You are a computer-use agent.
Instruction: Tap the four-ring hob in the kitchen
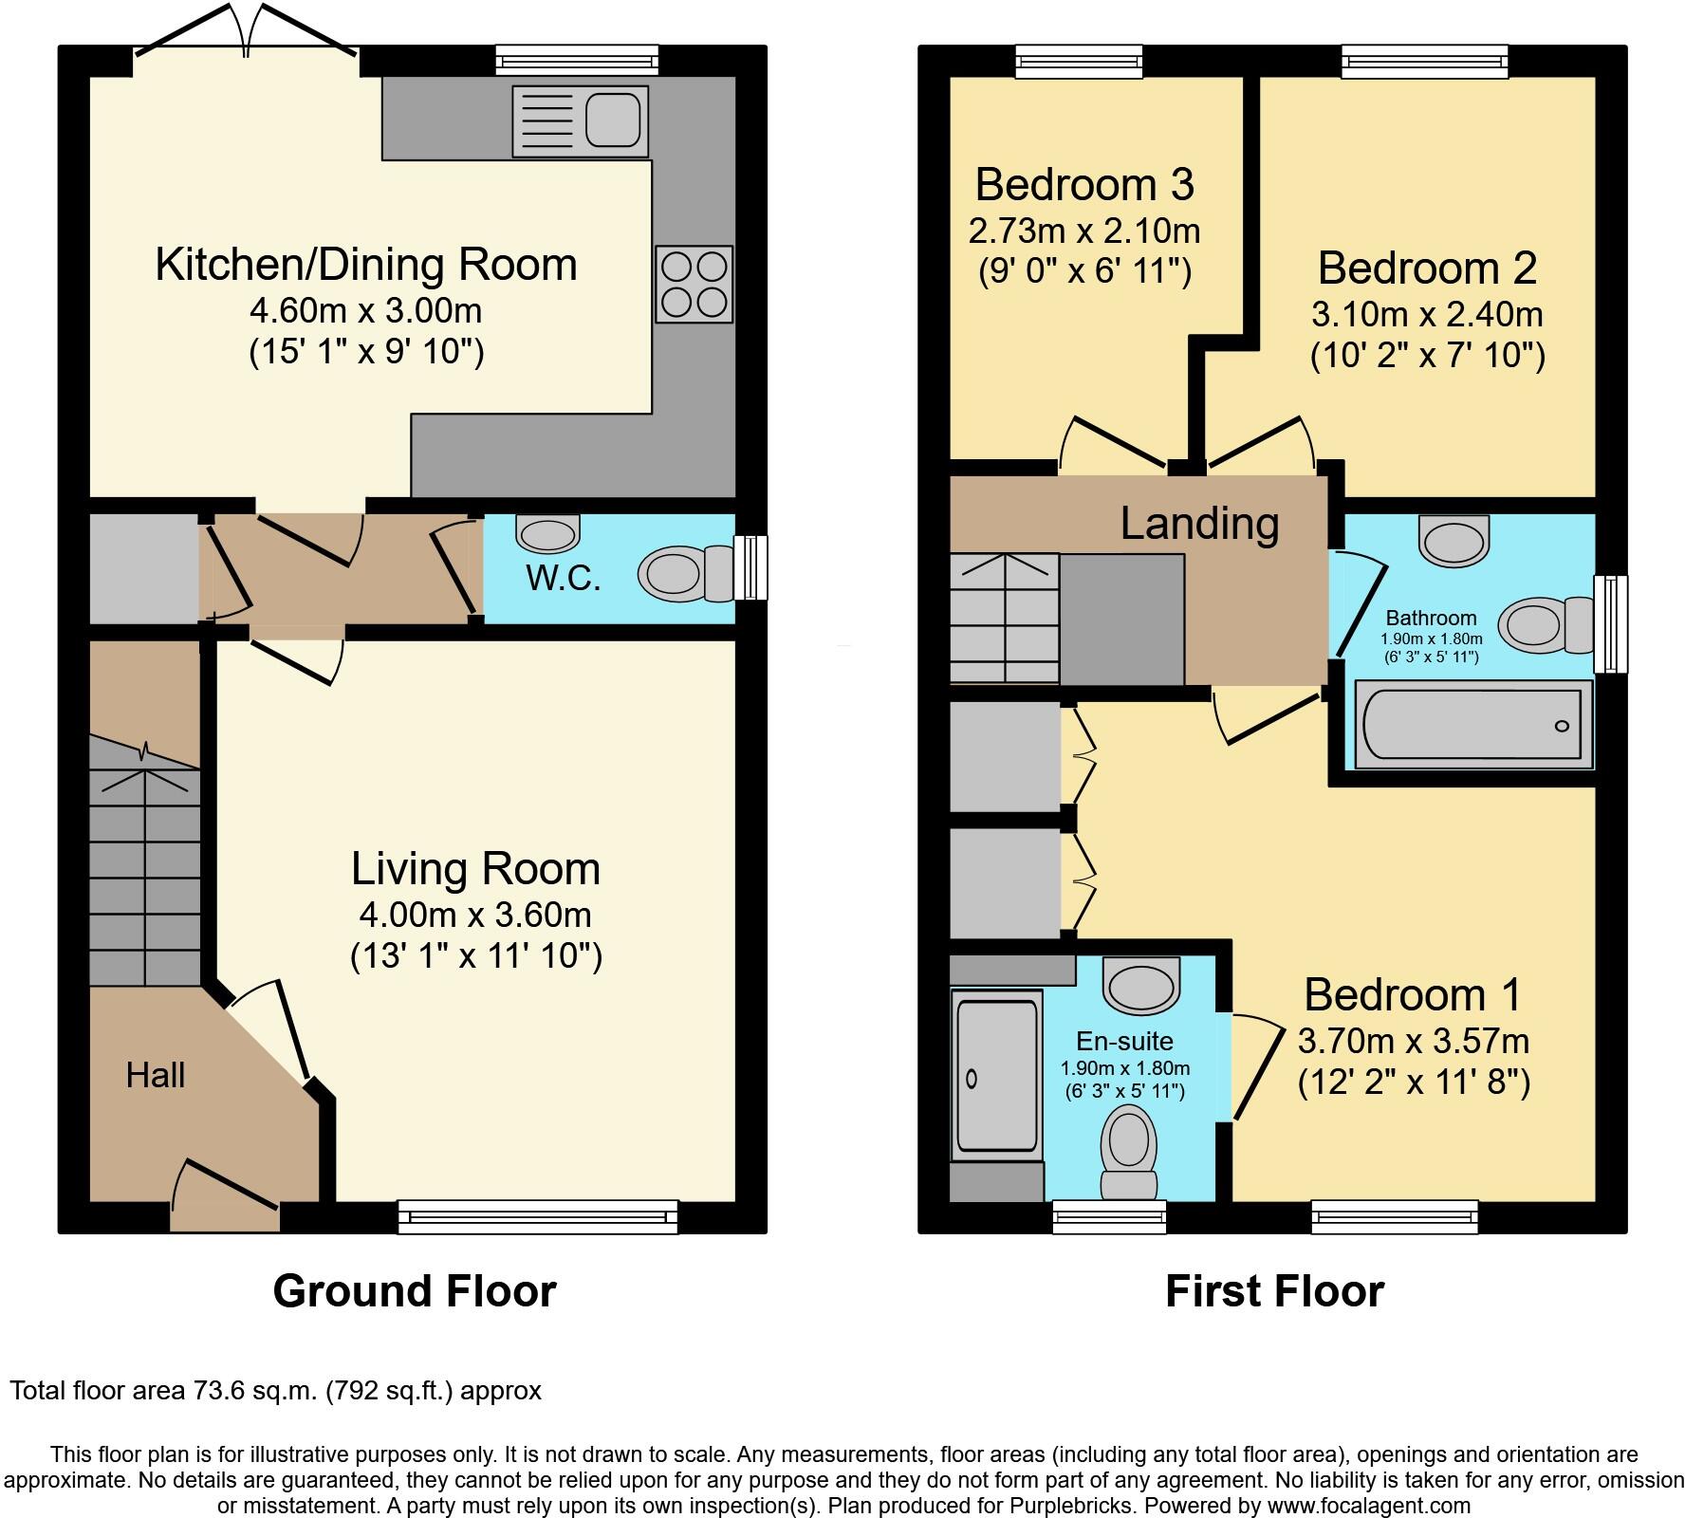(x=694, y=285)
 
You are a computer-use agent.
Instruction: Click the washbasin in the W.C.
(x=548, y=533)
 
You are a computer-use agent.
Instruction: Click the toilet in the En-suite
(x=1128, y=1152)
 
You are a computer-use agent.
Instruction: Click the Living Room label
(x=475, y=869)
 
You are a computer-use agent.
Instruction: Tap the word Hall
(x=156, y=1075)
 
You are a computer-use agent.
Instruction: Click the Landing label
(x=1199, y=524)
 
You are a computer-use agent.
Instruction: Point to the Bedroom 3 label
(x=1083, y=184)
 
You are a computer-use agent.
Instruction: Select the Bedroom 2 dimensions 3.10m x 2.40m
(x=1427, y=314)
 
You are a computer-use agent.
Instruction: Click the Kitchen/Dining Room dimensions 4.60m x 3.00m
(x=365, y=310)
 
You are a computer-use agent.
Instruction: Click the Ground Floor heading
(x=415, y=1291)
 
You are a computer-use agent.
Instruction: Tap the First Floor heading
(x=1274, y=1291)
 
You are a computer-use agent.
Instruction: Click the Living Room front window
(x=538, y=1216)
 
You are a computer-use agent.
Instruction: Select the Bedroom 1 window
(x=1394, y=1216)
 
